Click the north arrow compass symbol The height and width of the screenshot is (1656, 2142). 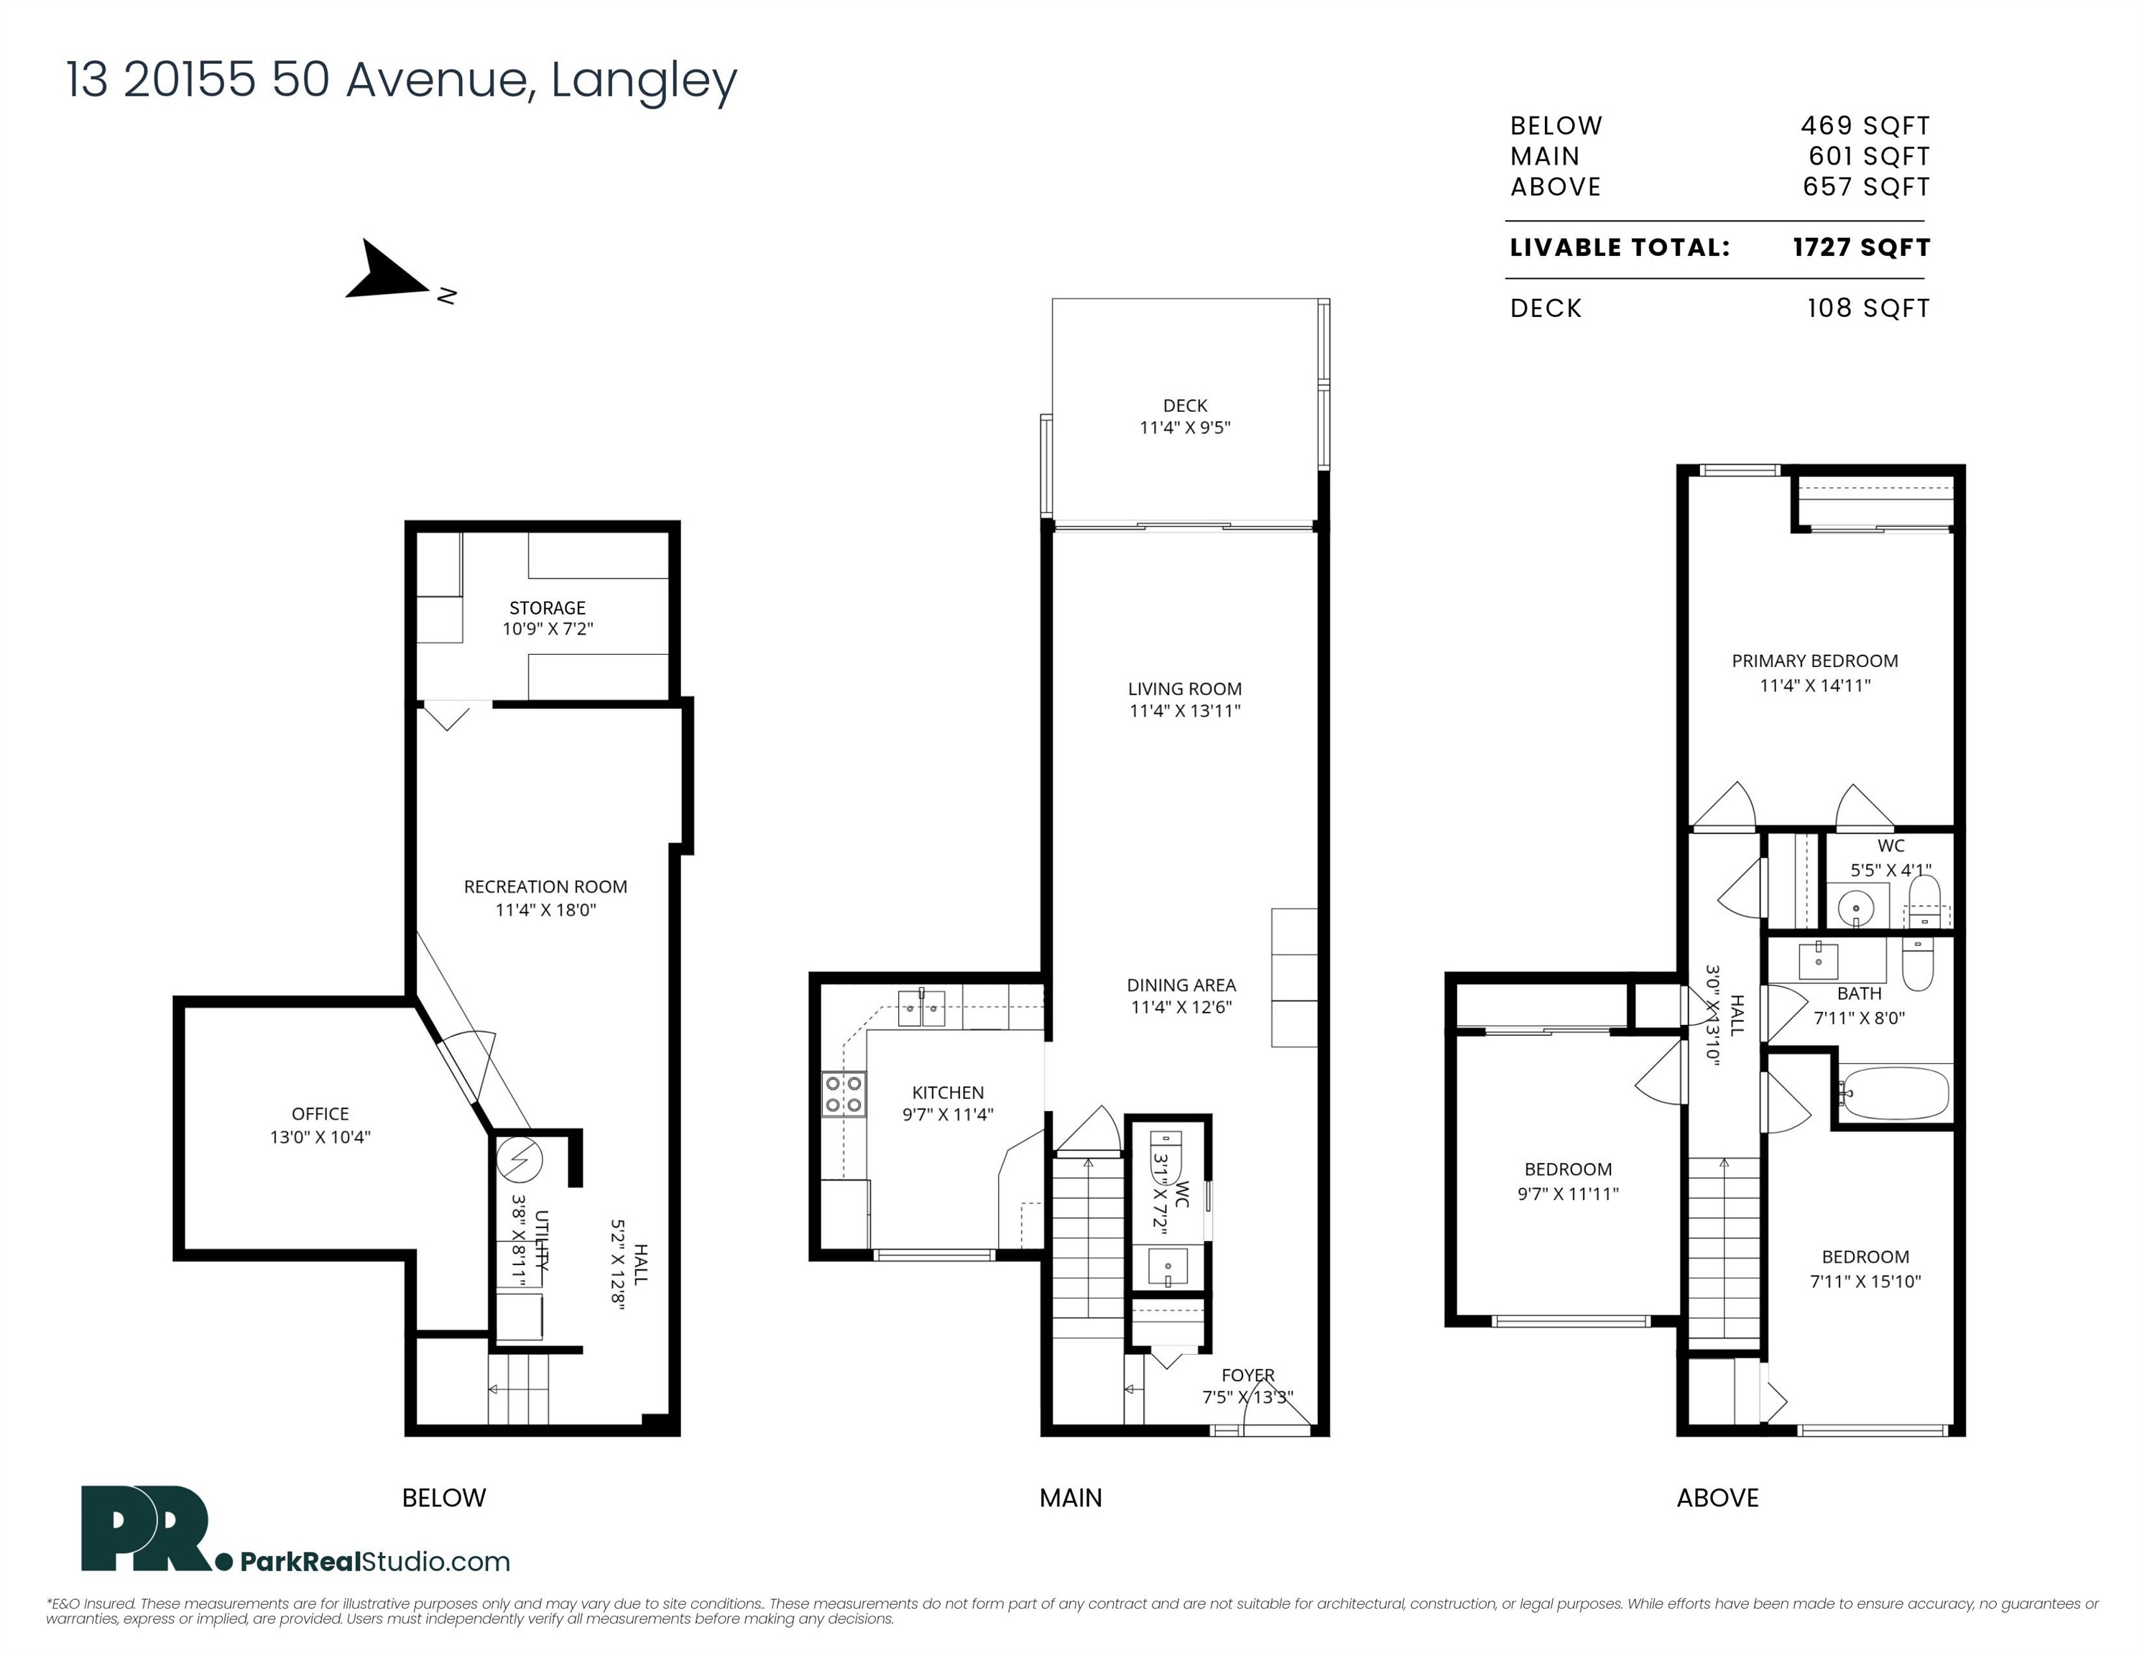(x=392, y=272)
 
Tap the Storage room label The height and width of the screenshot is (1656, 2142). (x=548, y=608)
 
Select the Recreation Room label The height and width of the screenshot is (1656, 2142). (x=545, y=887)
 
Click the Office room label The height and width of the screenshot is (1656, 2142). (x=320, y=1113)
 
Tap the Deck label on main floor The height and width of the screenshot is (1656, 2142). (x=1185, y=405)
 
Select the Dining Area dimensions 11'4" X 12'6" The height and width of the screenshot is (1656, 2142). (x=1181, y=1006)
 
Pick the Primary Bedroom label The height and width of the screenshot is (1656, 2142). (x=1814, y=661)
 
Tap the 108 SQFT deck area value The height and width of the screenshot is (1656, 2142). (x=1868, y=308)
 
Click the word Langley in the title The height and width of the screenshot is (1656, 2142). (x=643, y=81)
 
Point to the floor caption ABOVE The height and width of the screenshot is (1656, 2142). (x=1717, y=1497)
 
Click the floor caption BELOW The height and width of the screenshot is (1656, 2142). (x=443, y=1497)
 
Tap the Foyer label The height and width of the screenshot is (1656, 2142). (x=1247, y=1376)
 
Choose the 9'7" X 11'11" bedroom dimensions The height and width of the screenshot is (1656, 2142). (x=1567, y=1194)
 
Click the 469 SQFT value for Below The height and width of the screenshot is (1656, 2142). (x=1865, y=126)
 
